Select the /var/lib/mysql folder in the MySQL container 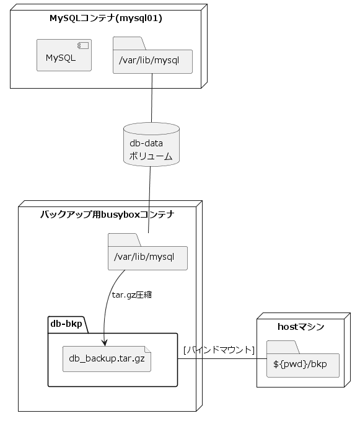(x=152, y=60)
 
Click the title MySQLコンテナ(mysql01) (x=105, y=18)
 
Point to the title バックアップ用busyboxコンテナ (x=107, y=215)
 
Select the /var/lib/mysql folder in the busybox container (x=147, y=256)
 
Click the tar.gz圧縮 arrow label (x=131, y=295)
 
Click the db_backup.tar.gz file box (x=107, y=358)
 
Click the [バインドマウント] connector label (x=219, y=350)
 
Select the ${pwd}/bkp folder (x=302, y=363)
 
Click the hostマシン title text (x=300, y=327)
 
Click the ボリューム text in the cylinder (x=151, y=156)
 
